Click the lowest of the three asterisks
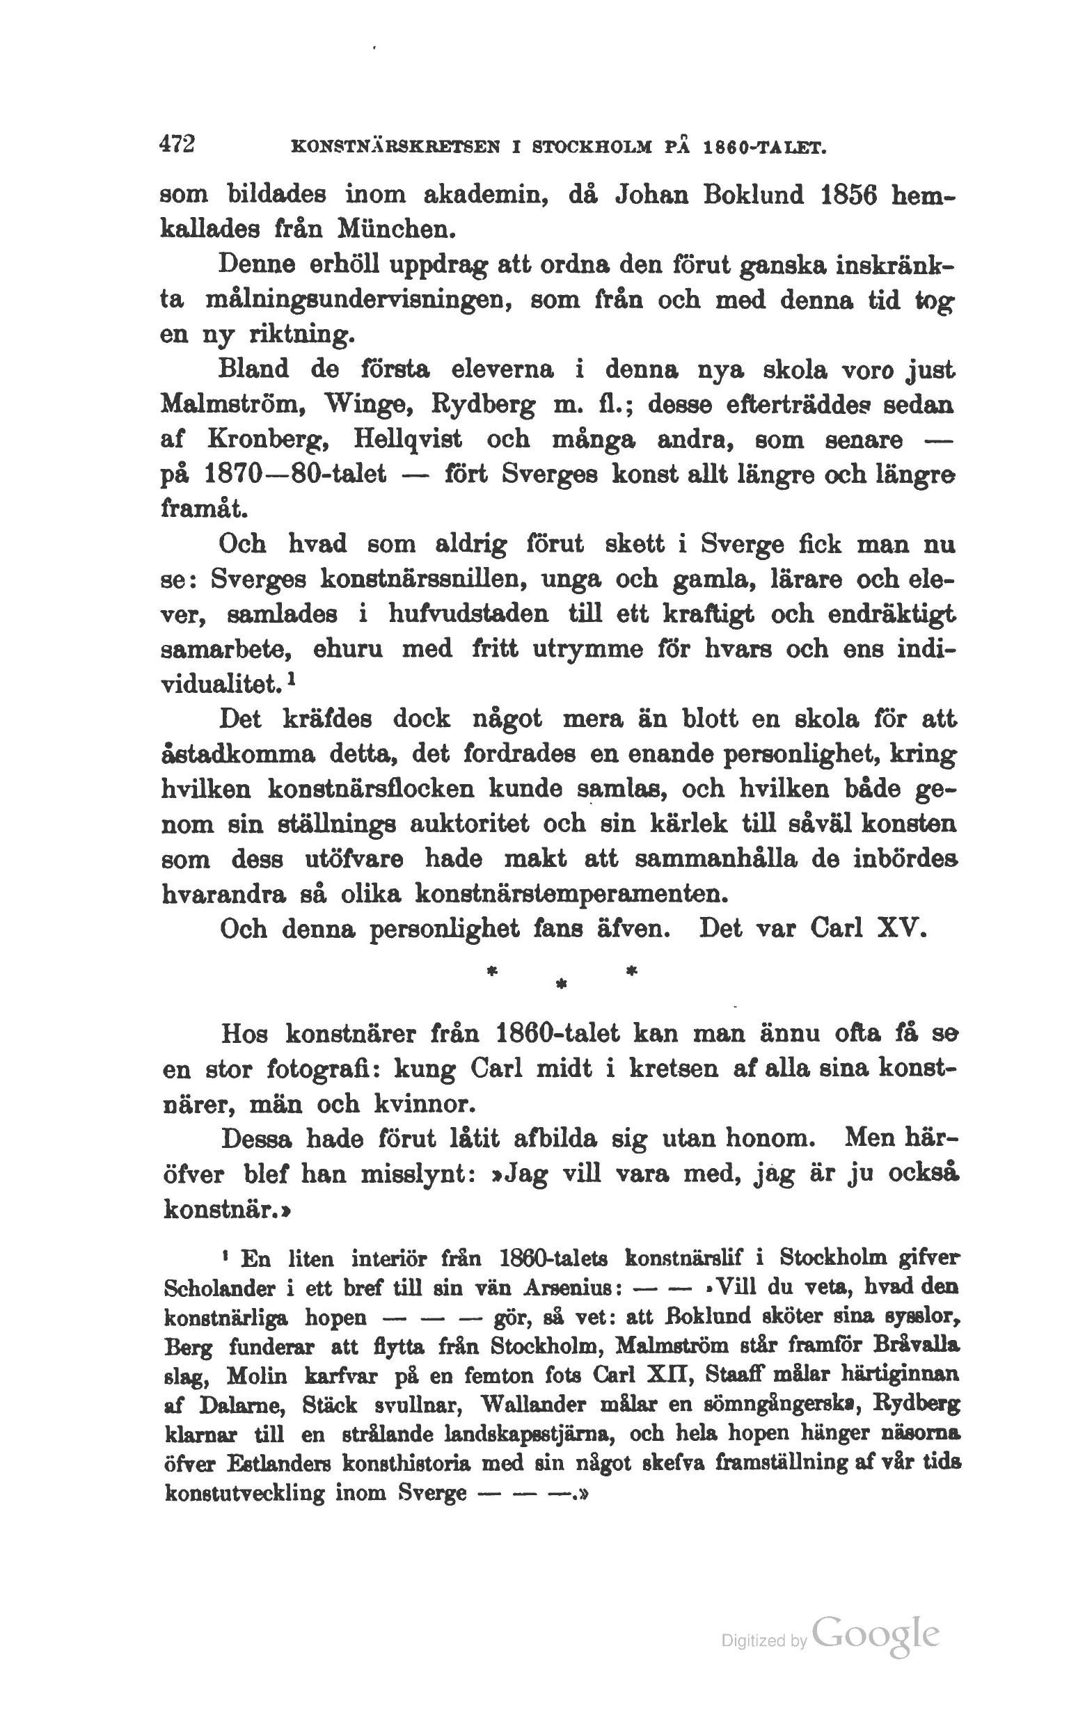(562, 987)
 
